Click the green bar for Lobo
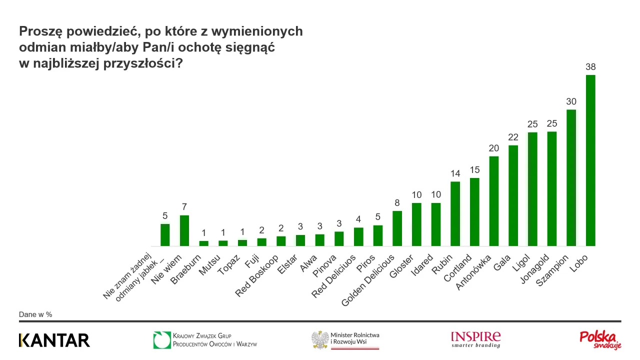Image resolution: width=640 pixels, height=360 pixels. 590,160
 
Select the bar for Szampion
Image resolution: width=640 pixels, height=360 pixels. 571,178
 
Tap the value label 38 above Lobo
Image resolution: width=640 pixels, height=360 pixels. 590,67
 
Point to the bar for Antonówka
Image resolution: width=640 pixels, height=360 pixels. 494,201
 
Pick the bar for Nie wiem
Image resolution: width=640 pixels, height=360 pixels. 184,230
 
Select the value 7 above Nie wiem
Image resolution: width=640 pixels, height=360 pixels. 184,207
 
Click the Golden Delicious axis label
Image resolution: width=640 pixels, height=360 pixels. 368,280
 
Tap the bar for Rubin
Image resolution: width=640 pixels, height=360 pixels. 455,213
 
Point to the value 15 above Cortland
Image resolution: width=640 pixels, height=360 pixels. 474,170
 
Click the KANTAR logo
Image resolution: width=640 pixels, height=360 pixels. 54,340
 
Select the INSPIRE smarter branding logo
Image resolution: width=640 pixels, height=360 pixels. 475,339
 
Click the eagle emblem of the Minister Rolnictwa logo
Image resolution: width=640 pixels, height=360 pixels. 319,340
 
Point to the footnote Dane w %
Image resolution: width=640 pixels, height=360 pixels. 35,314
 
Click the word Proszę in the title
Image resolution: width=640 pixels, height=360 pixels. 40,31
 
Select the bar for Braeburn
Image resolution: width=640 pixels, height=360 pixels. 203,243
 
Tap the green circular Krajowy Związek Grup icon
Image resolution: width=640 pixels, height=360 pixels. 162,340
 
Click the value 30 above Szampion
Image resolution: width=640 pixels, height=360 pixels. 571,101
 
